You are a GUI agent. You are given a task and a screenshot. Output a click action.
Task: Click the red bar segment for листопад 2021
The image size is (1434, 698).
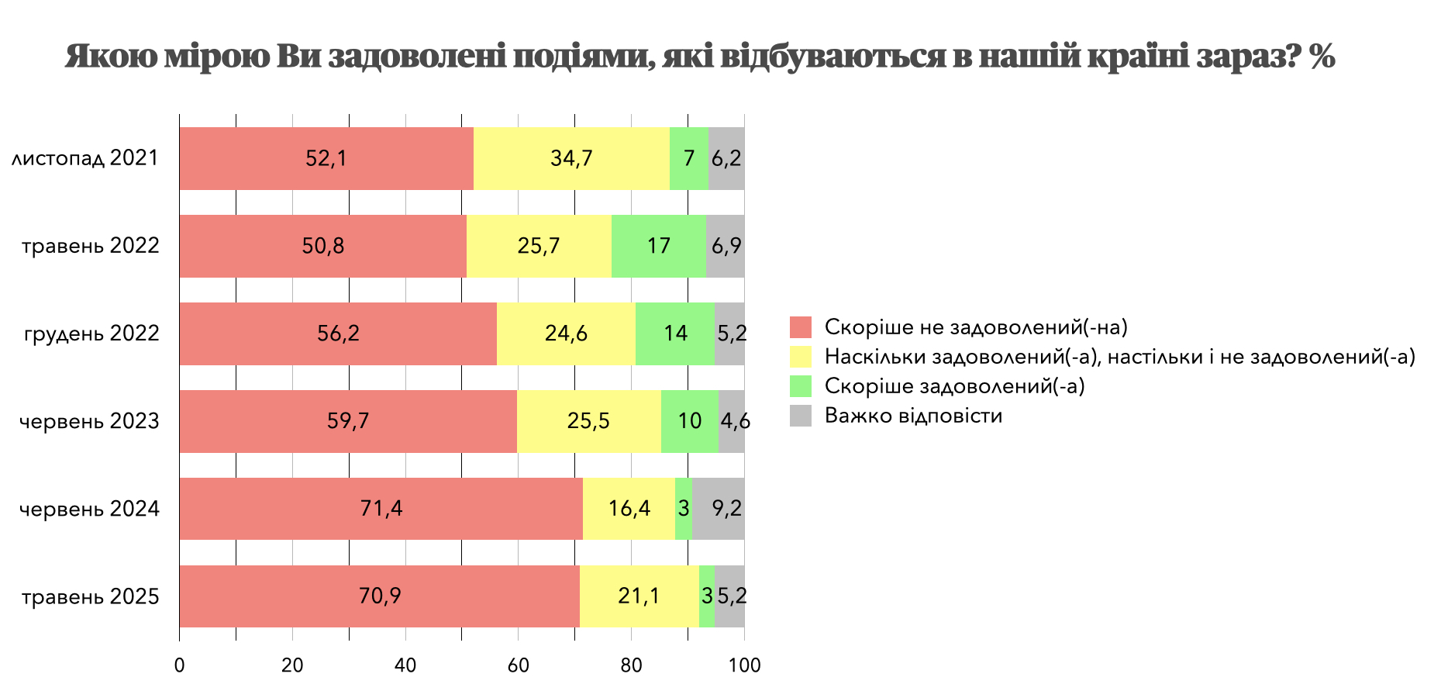pyautogui.click(x=326, y=158)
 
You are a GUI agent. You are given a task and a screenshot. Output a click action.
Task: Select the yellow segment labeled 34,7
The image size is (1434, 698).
pyautogui.click(x=571, y=158)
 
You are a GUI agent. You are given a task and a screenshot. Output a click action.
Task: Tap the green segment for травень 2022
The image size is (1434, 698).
pyautogui.click(x=659, y=246)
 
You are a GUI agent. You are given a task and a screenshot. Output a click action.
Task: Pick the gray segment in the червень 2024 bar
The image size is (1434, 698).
pyautogui.click(x=719, y=509)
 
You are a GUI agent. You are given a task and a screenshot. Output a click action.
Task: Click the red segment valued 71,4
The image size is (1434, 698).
pyautogui.click(x=381, y=509)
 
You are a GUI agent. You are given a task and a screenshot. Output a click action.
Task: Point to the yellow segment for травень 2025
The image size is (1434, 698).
pyautogui.click(x=639, y=596)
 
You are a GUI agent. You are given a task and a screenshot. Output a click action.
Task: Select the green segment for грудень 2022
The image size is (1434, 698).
pyautogui.click(x=675, y=333)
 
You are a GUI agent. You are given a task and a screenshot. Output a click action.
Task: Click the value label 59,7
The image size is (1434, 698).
pyautogui.click(x=348, y=421)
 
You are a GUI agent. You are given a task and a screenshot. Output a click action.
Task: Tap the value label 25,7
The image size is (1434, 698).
pyautogui.click(x=539, y=246)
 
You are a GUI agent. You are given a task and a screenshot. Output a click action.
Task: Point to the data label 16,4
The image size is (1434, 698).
pyautogui.click(x=629, y=509)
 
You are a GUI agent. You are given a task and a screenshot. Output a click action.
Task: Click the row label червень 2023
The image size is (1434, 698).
pyautogui.click(x=89, y=422)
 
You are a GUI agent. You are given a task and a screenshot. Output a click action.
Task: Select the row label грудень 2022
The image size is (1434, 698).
pyautogui.click(x=91, y=334)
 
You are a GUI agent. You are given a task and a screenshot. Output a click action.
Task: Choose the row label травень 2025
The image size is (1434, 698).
pyautogui.click(x=91, y=597)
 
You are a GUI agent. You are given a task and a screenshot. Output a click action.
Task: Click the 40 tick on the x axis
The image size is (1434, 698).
pyautogui.click(x=405, y=665)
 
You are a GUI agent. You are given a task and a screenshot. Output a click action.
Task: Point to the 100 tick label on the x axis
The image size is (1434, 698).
pyautogui.click(x=744, y=665)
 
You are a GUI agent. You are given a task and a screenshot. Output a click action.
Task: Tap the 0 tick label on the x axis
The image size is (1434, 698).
pyautogui.click(x=180, y=665)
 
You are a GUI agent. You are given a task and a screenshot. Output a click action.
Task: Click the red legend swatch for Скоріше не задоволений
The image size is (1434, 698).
pyautogui.click(x=801, y=327)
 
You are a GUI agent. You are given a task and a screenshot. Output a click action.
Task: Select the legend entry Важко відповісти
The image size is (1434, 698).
pyautogui.click(x=913, y=416)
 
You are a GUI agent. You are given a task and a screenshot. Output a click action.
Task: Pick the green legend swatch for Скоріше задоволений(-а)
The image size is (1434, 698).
pyautogui.click(x=801, y=386)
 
